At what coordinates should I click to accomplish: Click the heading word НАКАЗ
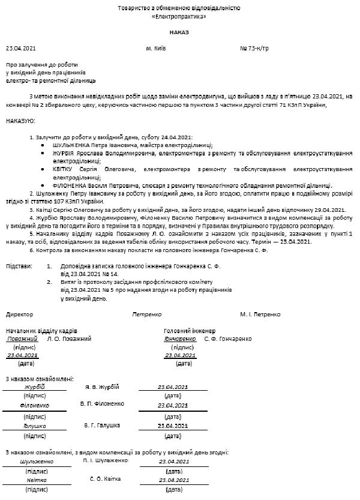(179, 32)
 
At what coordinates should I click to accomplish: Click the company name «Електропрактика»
(179, 17)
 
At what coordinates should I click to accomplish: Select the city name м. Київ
(156, 47)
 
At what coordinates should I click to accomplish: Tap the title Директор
(20, 314)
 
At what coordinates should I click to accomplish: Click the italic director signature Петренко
(147, 314)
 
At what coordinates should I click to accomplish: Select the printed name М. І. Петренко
(260, 314)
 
